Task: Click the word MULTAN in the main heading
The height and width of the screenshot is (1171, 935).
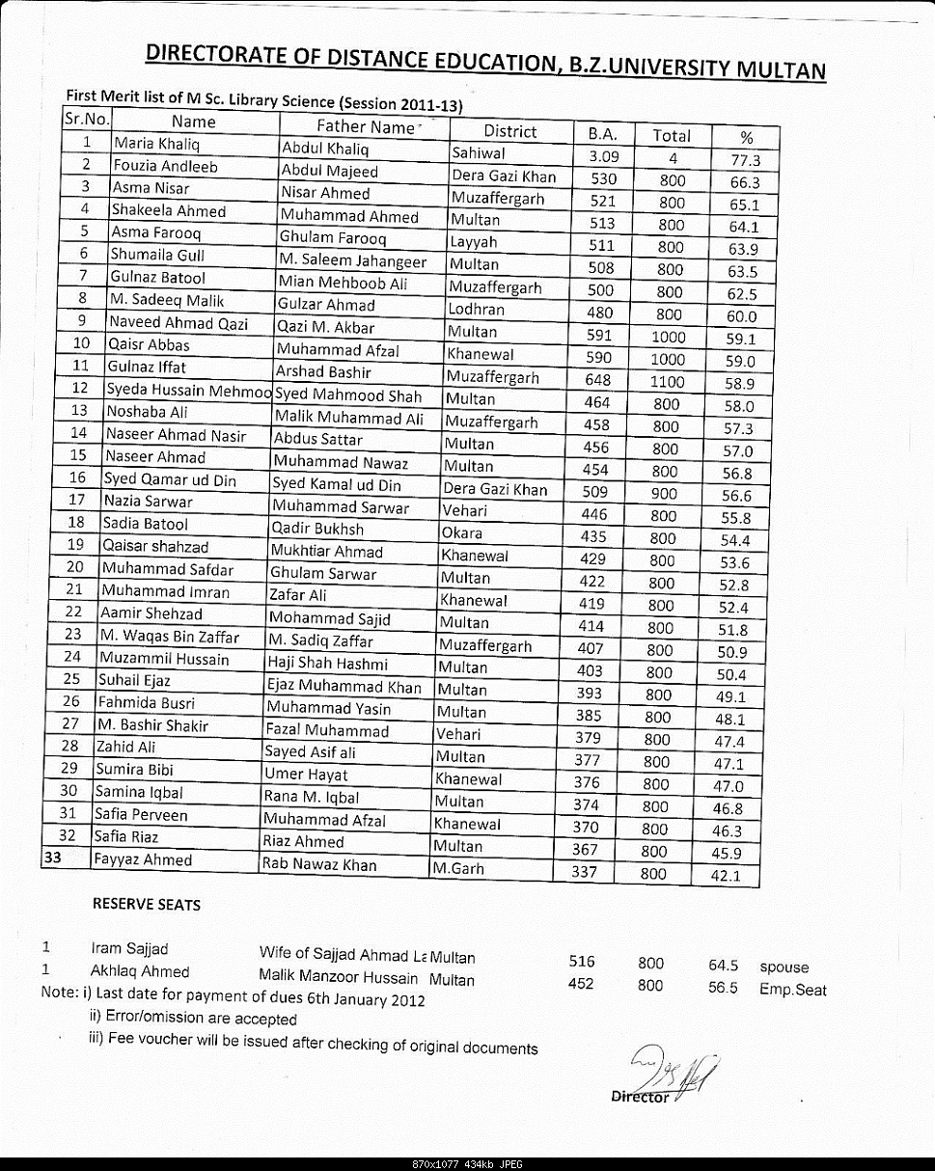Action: point(781,69)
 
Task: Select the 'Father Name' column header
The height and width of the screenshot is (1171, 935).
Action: point(365,126)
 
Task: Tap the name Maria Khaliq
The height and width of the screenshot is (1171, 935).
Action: point(150,145)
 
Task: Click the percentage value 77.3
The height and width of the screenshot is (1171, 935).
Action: point(745,160)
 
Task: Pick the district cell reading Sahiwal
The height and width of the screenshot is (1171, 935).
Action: point(481,153)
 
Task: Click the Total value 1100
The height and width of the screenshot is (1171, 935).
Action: point(667,382)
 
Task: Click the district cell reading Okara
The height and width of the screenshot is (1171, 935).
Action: point(462,532)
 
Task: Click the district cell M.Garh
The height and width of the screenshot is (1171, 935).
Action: point(458,868)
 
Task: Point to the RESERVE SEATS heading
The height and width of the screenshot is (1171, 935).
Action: point(147,905)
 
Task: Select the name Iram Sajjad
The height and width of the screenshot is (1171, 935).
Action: point(129,949)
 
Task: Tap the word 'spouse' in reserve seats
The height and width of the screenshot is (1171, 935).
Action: point(784,967)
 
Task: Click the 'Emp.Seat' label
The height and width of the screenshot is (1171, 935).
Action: point(792,990)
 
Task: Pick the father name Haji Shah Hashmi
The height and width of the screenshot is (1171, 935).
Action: point(327,664)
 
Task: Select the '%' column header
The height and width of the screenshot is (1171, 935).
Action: point(746,137)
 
